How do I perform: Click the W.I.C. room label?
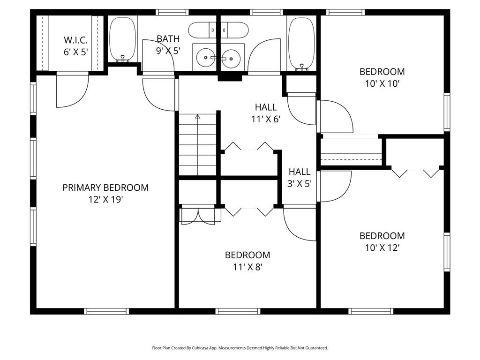(75, 40)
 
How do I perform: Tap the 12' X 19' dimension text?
(105, 200)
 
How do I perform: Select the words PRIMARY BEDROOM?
(105, 187)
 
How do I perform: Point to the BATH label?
(168, 39)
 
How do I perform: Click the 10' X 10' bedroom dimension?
(382, 83)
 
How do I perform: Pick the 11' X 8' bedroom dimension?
(247, 267)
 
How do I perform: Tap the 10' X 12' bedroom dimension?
(382, 247)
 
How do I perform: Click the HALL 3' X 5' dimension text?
(300, 184)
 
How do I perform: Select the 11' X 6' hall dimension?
(266, 119)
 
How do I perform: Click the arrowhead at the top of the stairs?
(197, 116)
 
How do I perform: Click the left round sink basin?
(206, 58)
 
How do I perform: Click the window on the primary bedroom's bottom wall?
(106, 311)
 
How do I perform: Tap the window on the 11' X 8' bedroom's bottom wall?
(238, 311)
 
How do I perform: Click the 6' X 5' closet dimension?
(75, 52)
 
